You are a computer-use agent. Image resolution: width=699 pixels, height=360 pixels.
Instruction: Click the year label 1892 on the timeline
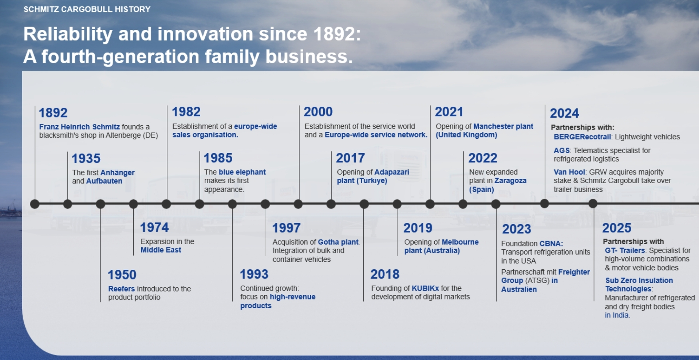pos(53,113)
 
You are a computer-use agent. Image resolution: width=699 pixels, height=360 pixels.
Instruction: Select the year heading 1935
pos(86,158)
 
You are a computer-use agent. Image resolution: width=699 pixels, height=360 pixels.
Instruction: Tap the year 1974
pos(154,228)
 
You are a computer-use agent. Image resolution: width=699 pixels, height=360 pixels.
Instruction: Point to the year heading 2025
pos(617,228)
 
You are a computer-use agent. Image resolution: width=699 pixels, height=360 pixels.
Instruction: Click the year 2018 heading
pos(385,274)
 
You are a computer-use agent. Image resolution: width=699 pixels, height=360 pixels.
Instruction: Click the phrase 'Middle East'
pos(161,250)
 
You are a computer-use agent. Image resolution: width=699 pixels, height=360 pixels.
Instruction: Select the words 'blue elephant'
pos(242,172)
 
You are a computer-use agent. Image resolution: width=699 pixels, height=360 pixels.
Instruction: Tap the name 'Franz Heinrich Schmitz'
pos(79,127)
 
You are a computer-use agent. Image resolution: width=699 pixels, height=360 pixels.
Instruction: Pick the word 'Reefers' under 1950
pos(122,289)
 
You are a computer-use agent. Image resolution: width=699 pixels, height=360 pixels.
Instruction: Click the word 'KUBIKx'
pos(425,288)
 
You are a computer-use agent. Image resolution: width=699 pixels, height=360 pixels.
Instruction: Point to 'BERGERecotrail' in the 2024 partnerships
pos(582,137)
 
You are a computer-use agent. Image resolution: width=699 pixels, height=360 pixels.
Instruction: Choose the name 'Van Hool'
pos(569,172)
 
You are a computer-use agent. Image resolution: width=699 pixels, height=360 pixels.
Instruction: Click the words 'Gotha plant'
pos(338,242)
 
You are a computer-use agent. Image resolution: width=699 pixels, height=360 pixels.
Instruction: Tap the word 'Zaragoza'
pos(510,181)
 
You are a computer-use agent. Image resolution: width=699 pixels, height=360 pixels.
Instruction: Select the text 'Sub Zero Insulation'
pos(639,280)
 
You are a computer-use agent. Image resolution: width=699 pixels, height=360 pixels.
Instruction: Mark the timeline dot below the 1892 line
pos(35,204)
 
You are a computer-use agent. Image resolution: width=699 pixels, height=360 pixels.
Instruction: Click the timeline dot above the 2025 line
pos(593,203)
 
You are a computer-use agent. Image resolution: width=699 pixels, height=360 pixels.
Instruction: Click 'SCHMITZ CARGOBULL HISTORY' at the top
pos(87,9)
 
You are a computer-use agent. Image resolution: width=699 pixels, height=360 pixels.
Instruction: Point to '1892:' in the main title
pos(337,34)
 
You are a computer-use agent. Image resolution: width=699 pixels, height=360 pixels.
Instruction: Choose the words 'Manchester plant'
pos(503,126)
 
